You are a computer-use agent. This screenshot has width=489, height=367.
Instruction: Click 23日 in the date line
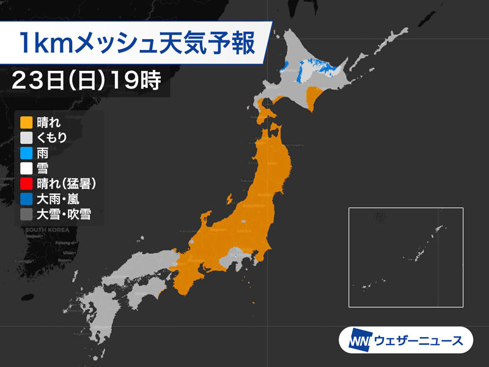coord(43,80)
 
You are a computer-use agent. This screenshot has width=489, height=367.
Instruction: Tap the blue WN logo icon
coord(356,339)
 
